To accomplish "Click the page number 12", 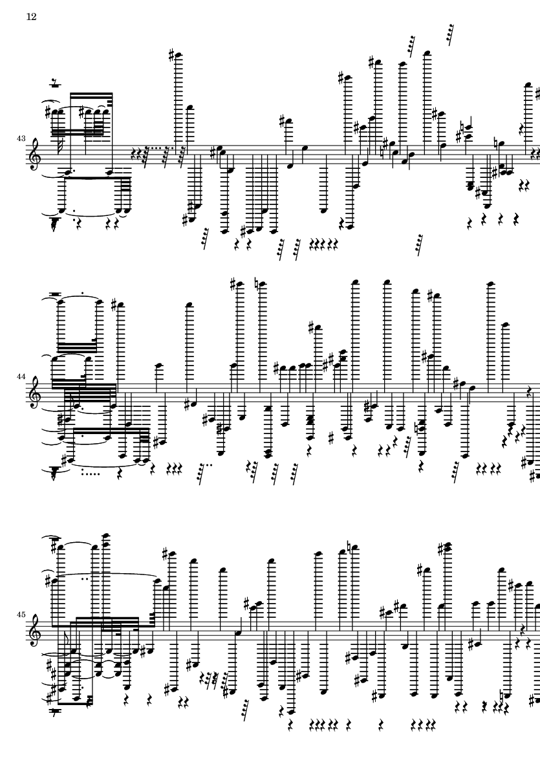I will click(31, 17).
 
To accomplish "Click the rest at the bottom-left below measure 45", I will click(56, 711).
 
